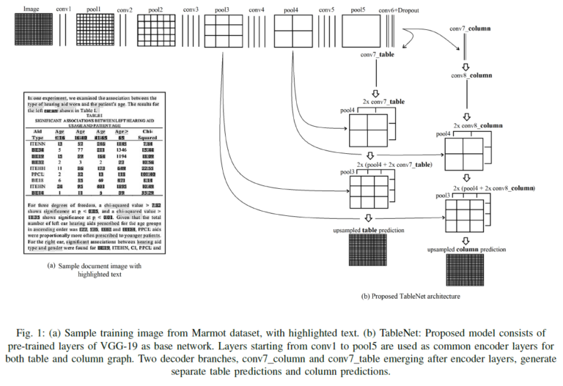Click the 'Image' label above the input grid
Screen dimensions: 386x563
pyautogui.click(x=31, y=10)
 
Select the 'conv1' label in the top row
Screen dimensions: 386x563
pyautogui.click(x=65, y=10)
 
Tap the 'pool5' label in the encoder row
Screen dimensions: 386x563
pyautogui.click(x=358, y=10)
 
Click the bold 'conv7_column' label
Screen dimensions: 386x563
pyautogui.click(x=470, y=28)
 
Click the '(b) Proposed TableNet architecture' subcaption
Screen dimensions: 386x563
pyautogui.click(x=411, y=297)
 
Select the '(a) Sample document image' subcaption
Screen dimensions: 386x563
pyautogui.click(x=93, y=267)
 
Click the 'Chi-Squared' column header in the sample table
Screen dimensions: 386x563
pyautogui.click(x=148, y=134)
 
